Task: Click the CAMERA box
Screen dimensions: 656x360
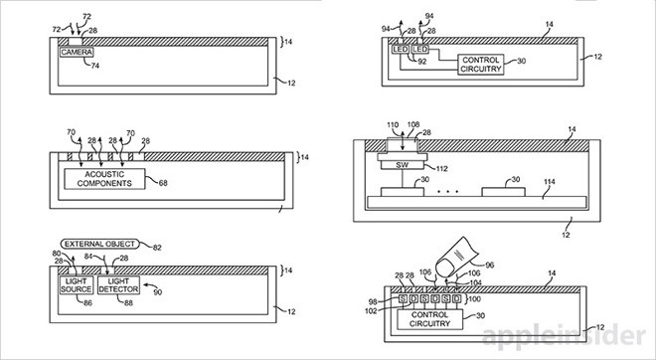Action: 77,53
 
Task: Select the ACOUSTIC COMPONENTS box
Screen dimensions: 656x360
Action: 104,179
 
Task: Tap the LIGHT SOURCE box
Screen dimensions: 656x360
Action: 77,285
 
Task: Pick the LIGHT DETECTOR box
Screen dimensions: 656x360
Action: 118,285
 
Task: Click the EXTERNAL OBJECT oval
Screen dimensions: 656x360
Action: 100,244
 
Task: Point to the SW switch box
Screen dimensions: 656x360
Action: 403,165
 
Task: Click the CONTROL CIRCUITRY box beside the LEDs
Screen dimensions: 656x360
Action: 481,65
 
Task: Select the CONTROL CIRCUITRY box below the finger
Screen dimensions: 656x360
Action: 429,319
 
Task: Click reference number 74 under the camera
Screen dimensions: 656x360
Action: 95,66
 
